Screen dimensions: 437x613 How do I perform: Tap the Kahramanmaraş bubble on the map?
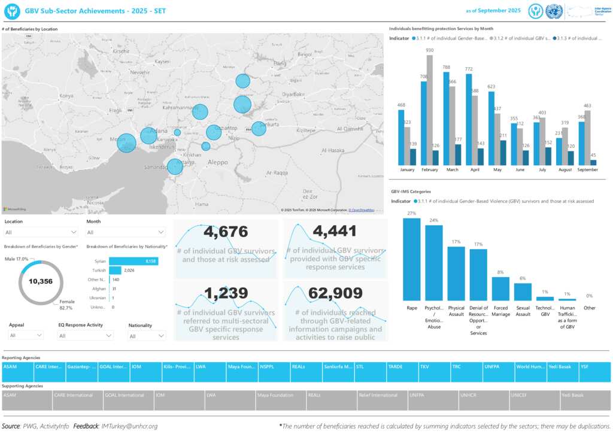click(x=200, y=112)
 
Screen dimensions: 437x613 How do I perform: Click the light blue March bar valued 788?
click(x=447, y=119)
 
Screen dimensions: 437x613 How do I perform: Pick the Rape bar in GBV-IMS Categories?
click(x=411, y=259)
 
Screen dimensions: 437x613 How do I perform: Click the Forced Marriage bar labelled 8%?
click(x=500, y=289)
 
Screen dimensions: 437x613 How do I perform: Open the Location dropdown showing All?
click(x=41, y=232)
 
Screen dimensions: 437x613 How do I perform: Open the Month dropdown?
click(x=126, y=232)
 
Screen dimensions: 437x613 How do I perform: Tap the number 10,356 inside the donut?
click(x=41, y=281)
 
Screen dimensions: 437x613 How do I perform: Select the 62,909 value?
click(x=335, y=293)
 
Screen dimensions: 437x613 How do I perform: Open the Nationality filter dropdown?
click(x=147, y=336)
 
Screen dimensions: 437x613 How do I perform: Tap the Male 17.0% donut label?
click(x=17, y=259)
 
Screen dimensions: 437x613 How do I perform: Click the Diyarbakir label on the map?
click(x=293, y=94)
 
